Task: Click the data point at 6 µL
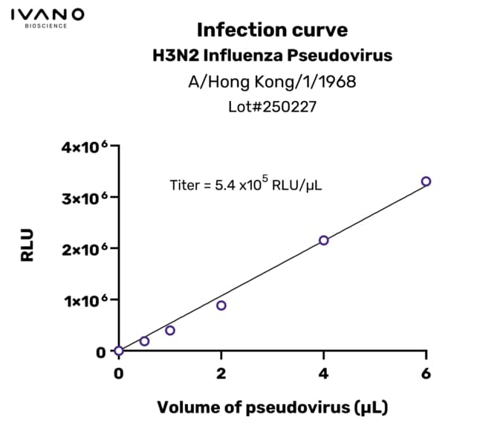click(x=426, y=181)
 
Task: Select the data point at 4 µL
click(x=323, y=240)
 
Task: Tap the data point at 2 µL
click(x=221, y=305)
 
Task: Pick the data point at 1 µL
click(x=170, y=330)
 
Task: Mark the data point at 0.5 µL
click(x=144, y=341)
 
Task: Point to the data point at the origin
click(x=119, y=351)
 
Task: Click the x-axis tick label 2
click(x=221, y=373)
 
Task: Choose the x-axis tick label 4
click(x=323, y=373)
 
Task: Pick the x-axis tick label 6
click(x=426, y=373)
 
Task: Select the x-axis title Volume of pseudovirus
click(x=272, y=407)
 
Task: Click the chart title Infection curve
click(x=272, y=30)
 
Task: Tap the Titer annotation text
click(x=245, y=184)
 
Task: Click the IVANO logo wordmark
click(x=48, y=14)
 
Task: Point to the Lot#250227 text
click(x=272, y=106)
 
